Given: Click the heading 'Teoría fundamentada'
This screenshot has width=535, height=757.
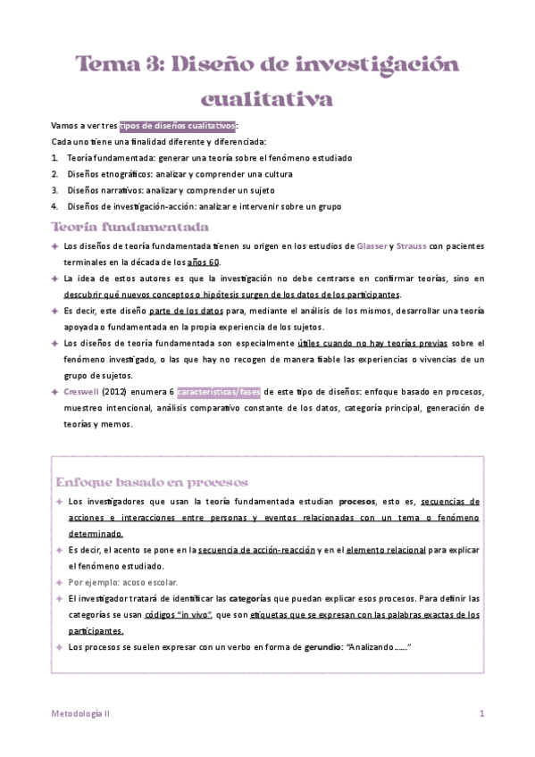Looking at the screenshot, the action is pos(130,227).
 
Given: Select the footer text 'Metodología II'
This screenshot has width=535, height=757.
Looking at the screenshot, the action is pos(80,714).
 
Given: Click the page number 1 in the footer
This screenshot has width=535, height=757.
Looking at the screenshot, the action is pos(481,714).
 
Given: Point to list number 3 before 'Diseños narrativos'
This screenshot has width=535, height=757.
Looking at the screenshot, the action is pos(55,190).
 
